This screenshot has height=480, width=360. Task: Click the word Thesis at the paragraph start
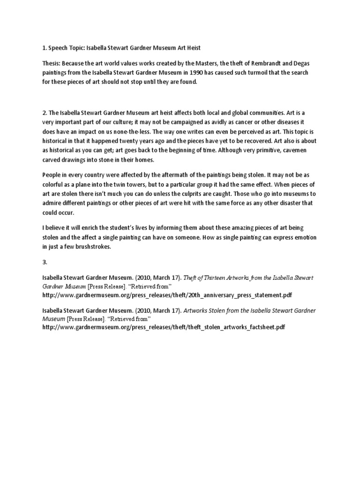[x=52, y=64]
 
